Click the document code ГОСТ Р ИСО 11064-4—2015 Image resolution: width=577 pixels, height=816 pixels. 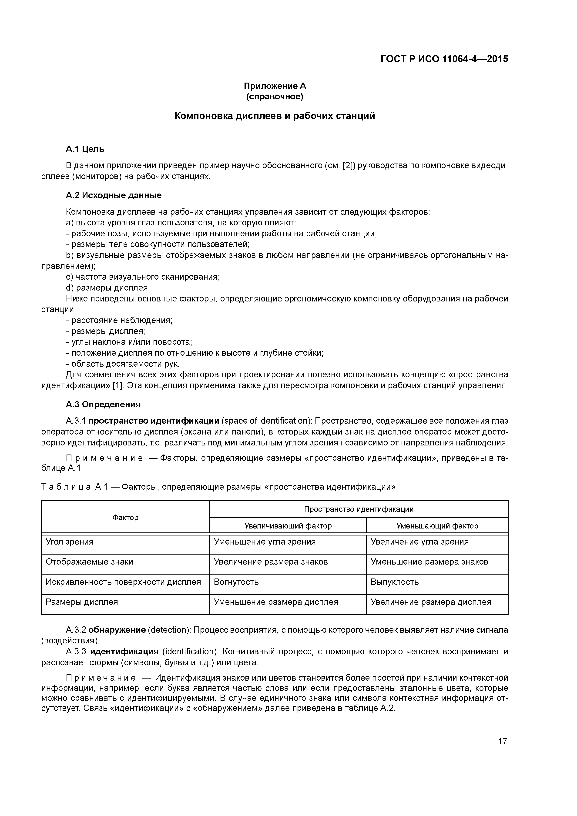[444, 59]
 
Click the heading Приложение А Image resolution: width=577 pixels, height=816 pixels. [275, 86]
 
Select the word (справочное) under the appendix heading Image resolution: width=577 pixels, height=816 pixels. [275, 97]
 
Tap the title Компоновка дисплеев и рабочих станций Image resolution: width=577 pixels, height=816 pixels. [275, 116]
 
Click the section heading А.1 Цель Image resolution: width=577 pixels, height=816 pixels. [85, 149]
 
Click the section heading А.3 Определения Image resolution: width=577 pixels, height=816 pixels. [103, 405]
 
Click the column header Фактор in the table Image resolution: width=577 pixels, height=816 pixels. [125, 518]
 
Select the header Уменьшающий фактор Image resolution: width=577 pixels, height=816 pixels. [437, 526]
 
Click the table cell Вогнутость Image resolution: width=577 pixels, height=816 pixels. [236, 582]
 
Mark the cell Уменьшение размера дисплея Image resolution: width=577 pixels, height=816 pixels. [276, 602]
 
